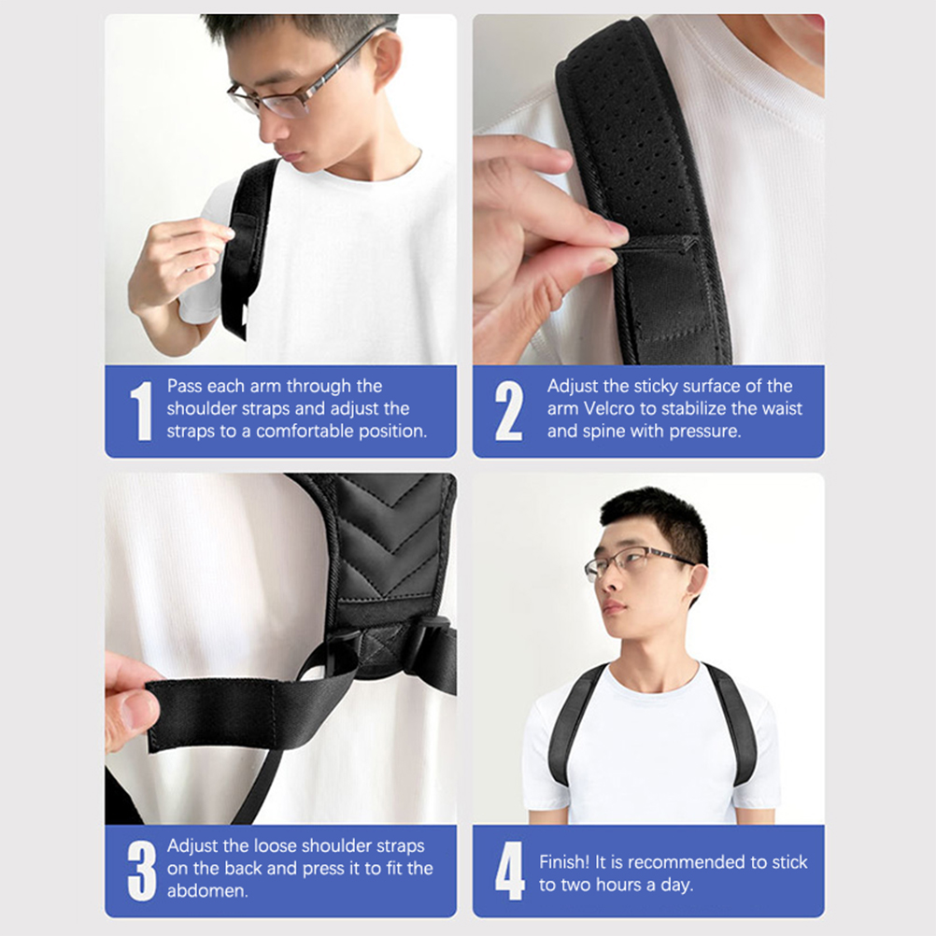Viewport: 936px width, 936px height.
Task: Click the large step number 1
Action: (x=141, y=411)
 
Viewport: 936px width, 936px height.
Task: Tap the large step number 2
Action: (x=509, y=411)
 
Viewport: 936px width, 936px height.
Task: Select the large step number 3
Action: (x=142, y=871)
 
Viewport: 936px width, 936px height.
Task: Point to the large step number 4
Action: (x=510, y=871)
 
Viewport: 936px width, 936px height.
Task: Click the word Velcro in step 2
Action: (x=609, y=408)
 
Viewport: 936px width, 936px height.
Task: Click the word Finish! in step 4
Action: (x=564, y=862)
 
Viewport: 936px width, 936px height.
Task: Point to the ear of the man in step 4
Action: (x=695, y=583)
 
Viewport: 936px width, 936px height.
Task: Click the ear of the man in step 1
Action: (x=388, y=60)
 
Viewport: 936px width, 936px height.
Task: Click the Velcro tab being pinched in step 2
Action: (x=662, y=280)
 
